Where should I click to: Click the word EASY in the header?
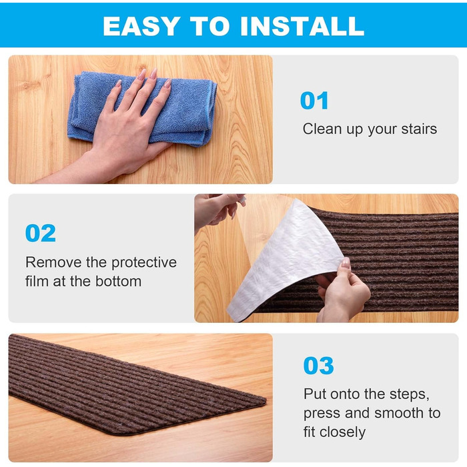click(141, 26)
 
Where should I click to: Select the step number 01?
click(314, 101)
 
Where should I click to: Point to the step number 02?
click(41, 233)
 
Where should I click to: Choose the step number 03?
click(318, 366)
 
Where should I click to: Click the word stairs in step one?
click(419, 129)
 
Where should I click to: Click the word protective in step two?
click(144, 263)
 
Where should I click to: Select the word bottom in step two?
click(118, 282)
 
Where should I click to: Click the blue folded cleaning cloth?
click(142, 108)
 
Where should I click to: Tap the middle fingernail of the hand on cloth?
click(153, 73)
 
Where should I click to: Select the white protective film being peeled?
click(286, 259)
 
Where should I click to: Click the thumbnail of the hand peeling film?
click(346, 263)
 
